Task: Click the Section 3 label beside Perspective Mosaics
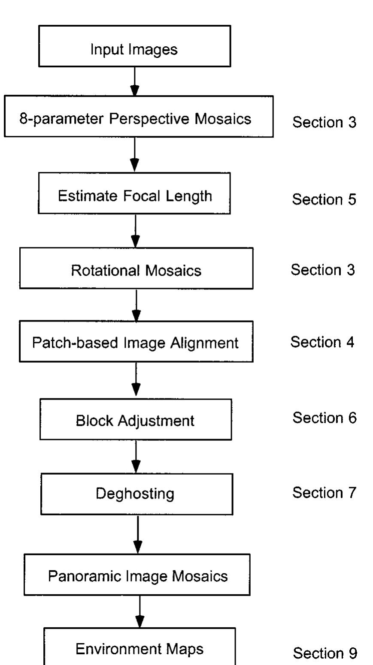(x=324, y=123)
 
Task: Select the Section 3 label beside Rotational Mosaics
(x=323, y=270)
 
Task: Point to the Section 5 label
(x=324, y=199)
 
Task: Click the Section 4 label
(x=323, y=342)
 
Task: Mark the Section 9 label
(x=324, y=653)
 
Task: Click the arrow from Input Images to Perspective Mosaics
(x=135, y=81)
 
